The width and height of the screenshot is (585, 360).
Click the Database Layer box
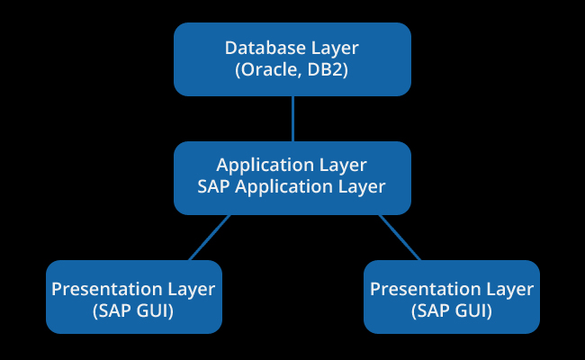pyautogui.click(x=292, y=59)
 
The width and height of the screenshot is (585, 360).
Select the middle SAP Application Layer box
pyautogui.click(x=292, y=178)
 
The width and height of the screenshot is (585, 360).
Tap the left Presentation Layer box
pyautogui.click(x=134, y=297)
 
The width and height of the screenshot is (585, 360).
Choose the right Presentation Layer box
pyautogui.click(x=452, y=297)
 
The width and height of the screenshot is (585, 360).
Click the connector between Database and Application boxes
pyautogui.click(x=292, y=119)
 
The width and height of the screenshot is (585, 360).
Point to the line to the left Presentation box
pyautogui.click(x=210, y=238)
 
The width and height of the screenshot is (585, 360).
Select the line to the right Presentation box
pyautogui.click(x=400, y=238)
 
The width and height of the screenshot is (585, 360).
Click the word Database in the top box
pyautogui.click(x=265, y=48)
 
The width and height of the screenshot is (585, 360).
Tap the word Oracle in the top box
pyautogui.click(x=268, y=70)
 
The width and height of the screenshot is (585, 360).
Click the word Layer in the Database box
pyautogui.click(x=335, y=49)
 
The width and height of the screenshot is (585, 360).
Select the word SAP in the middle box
pyautogui.click(x=213, y=186)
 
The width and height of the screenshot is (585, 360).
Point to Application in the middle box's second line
pyautogui.click(x=283, y=187)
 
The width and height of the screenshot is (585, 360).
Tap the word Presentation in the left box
pyautogui.click(x=107, y=289)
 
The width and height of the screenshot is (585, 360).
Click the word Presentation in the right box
pyautogui.click(x=426, y=289)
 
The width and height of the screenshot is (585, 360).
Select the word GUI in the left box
pyautogui.click(x=155, y=310)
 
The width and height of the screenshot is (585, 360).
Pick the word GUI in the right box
pyautogui.click(x=473, y=310)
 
